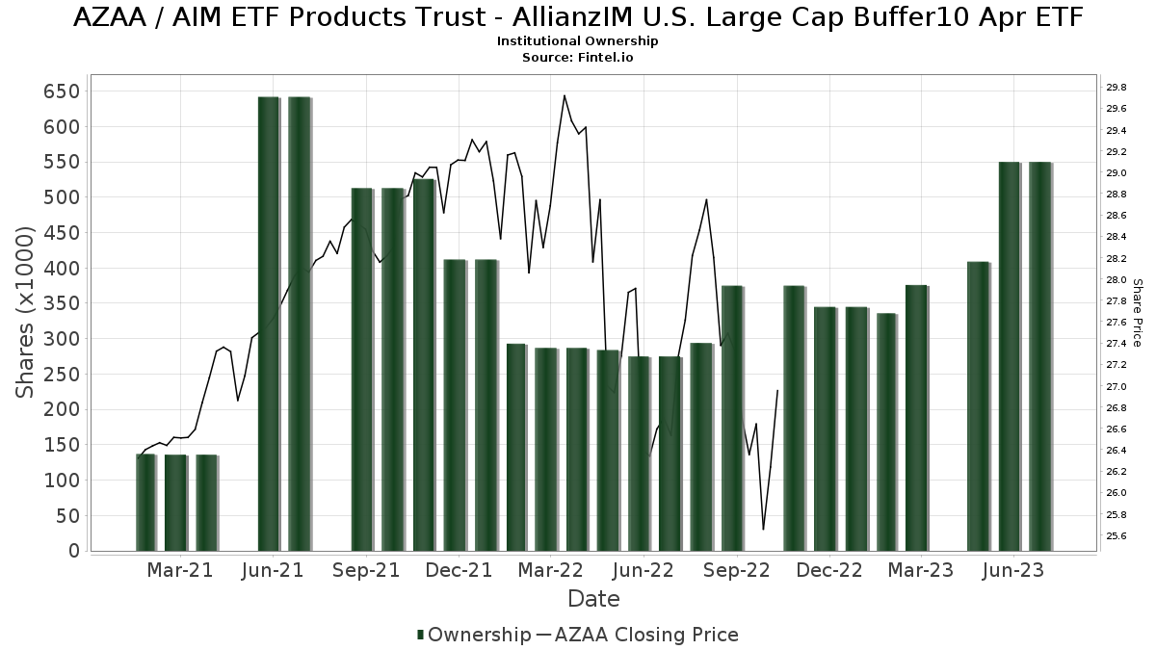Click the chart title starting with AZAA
click(578, 17)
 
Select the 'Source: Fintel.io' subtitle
click(578, 58)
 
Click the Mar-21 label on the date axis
click(180, 570)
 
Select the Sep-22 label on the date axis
click(737, 570)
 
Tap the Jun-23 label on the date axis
click(1012, 570)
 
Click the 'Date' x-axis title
click(593, 599)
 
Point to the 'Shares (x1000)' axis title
click(25, 312)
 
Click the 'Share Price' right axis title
click(1137, 312)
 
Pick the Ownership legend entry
click(472, 635)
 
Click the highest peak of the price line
click(565, 95)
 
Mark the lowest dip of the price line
click(763, 529)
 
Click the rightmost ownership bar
click(1040, 356)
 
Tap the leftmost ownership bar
click(145, 502)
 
